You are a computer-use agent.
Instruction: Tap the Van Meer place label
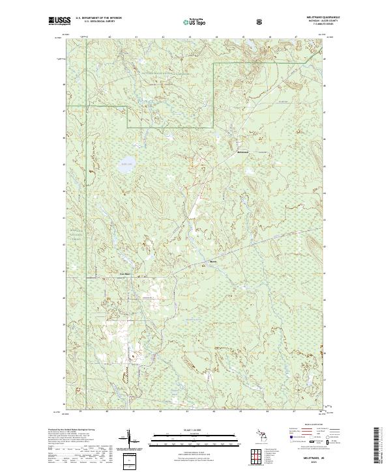tap(124, 274)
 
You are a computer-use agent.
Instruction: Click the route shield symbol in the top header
tap(260, 21)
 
